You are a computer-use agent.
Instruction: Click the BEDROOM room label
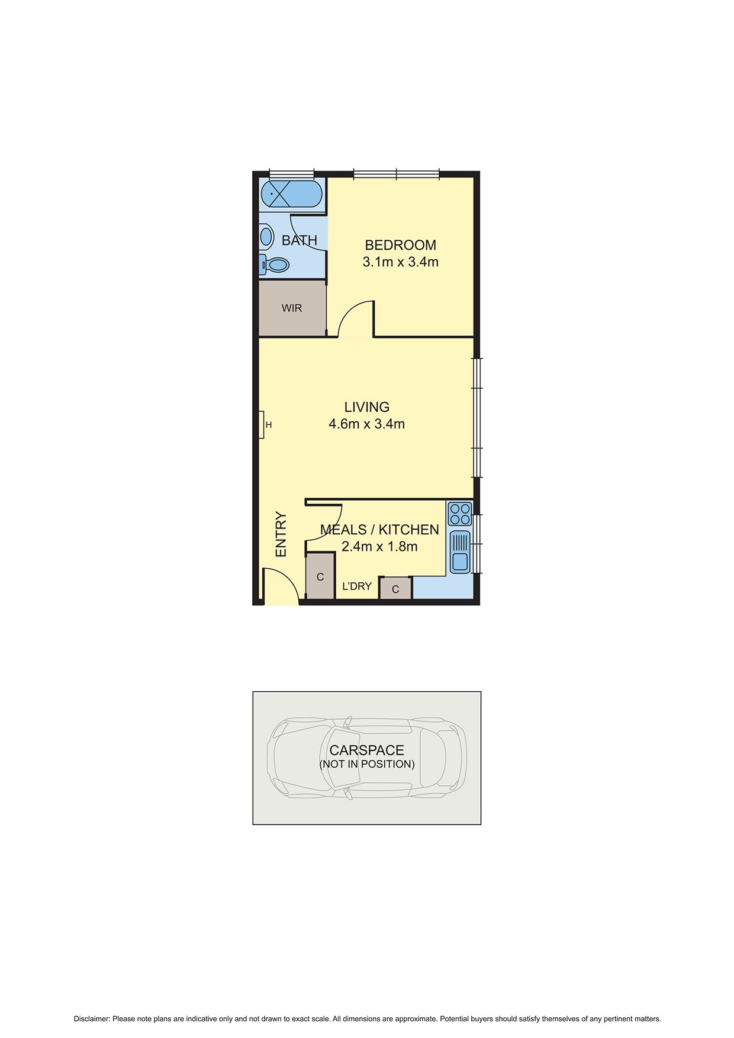(400, 245)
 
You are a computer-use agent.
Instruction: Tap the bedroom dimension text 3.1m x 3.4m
(400, 262)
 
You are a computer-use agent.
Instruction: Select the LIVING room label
(367, 407)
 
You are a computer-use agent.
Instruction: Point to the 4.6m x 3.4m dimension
(367, 424)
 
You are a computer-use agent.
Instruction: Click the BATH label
(300, 240)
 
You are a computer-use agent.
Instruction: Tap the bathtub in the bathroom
(291, 194)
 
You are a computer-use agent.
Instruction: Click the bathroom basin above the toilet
(266, 237)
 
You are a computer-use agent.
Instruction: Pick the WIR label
(292, 308)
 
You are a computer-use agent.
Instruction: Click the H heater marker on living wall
(268, 425)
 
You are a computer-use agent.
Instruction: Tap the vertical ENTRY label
(281, 534)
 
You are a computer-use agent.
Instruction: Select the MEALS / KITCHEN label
(379, 530)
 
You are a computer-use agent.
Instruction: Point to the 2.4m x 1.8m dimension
(379, 547)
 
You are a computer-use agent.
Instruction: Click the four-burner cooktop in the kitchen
(460, 514)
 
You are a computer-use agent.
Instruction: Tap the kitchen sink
(460, 552)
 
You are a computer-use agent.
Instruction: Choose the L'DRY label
(357, 586)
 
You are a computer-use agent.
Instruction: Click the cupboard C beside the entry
(320, 577)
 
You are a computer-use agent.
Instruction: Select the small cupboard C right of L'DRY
(395, 589)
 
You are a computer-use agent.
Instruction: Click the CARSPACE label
(367, 750)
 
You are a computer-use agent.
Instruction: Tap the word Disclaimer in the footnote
(92, 1019)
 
